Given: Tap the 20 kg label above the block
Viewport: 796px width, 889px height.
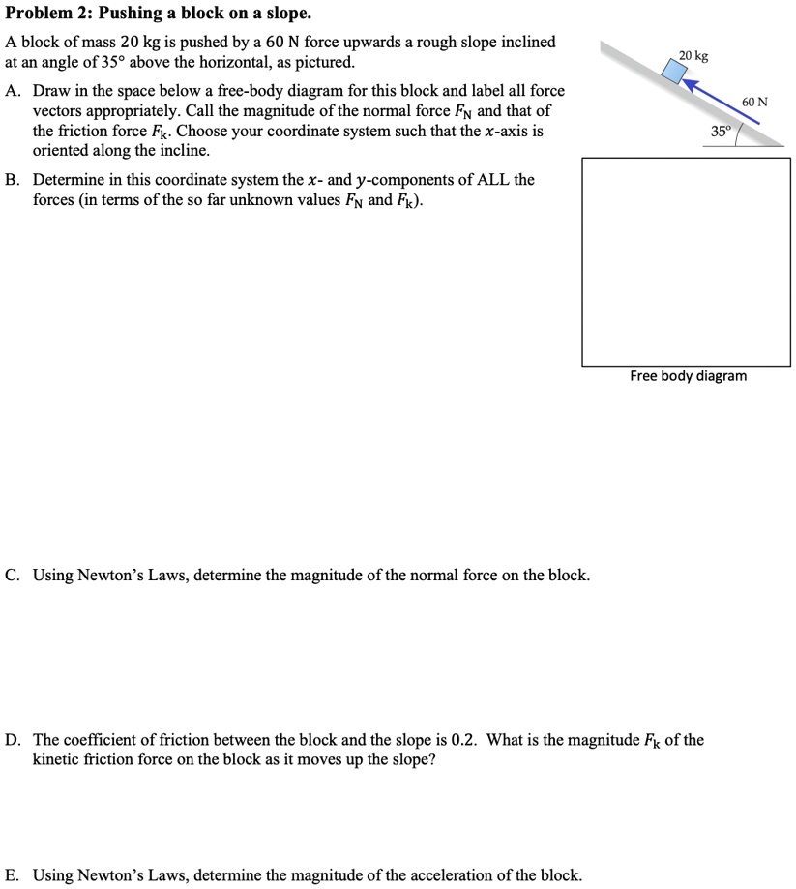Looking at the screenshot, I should click(x=693, y=56).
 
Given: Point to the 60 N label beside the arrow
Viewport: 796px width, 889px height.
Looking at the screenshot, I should click(x=755, y=102).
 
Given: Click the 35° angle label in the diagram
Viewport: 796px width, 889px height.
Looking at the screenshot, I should click(x=721, y=131).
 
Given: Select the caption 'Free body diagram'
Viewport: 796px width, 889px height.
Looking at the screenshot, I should click(x=688, y=375).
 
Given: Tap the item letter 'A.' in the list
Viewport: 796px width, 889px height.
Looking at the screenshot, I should click(x=14, y=91).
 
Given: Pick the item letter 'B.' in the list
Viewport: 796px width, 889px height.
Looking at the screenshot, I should click(x=14, y=180).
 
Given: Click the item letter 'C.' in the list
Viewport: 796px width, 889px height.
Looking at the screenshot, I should click(x=14, y=576).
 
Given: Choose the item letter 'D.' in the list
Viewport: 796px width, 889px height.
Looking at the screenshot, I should click(x=14, y=740).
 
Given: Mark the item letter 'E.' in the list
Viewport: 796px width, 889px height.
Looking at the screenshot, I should click(x=14, y=875).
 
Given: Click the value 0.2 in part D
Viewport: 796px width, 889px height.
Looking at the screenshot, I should click(x=464, y=740).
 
